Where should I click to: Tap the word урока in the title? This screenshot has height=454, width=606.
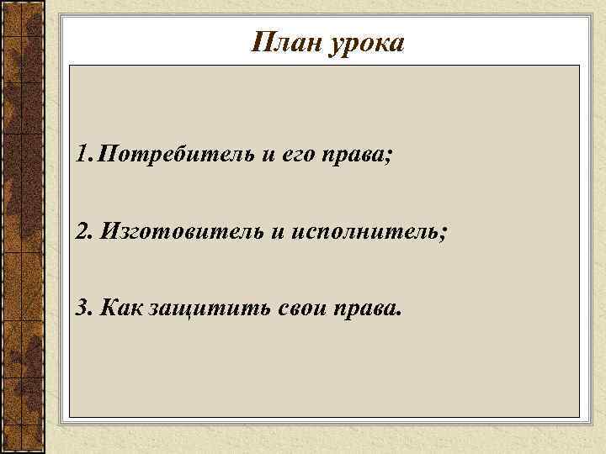(x=365, y=44)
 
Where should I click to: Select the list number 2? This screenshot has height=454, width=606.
(x=82, y=230)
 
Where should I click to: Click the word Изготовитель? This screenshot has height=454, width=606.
(x=181, y=231)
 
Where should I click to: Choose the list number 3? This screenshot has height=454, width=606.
(x=82, y=307)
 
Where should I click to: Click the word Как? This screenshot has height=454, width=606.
(x=120, y=307)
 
